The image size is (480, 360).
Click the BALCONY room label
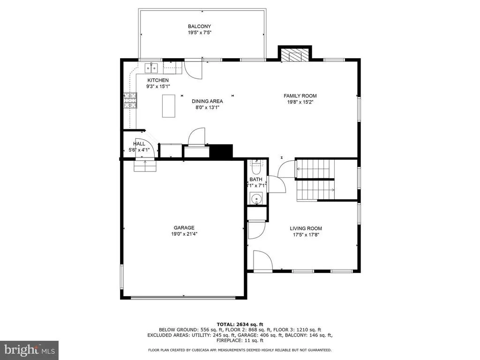199,26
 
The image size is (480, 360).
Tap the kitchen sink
151,67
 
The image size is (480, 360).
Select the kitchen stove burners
130,100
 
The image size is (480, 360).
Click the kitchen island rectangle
168,106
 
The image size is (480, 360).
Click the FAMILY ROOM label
300,96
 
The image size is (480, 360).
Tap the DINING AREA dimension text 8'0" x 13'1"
208,107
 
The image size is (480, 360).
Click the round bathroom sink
256,199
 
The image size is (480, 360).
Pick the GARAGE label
184,228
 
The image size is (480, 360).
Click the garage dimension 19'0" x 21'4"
184,234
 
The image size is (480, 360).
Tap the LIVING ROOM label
306,228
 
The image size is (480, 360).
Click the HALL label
139,144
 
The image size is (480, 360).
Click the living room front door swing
262,260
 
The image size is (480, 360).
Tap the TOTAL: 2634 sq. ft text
240,324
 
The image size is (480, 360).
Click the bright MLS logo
30,350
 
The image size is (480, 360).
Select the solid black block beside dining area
221,151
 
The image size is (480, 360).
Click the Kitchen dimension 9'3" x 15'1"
158,86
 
